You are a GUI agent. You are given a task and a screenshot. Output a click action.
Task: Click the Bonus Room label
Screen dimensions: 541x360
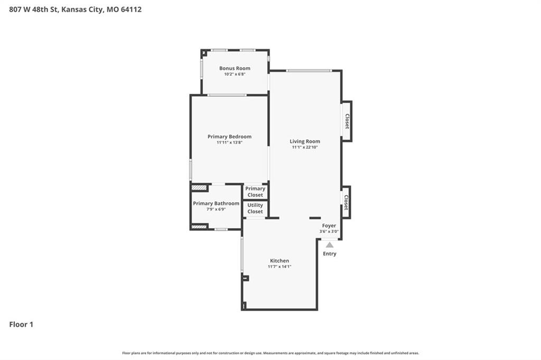tap(235, 68)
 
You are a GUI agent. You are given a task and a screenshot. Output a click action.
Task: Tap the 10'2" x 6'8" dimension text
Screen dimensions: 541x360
tap(235, 74)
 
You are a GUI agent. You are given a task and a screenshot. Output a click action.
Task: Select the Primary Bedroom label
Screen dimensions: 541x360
tap(229, 137)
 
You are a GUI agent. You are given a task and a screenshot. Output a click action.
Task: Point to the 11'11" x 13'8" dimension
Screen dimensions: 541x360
tap(229, 143)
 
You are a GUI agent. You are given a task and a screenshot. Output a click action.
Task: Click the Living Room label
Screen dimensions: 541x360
tap(305, 141)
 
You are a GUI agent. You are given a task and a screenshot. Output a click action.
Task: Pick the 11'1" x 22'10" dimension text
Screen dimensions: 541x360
tap(305, 147)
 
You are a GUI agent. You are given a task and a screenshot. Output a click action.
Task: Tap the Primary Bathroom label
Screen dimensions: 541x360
tap(216, 203)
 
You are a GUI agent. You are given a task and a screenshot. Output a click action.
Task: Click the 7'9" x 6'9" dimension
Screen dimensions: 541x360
tap(216, 210)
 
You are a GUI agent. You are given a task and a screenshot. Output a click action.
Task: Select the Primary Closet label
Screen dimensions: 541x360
tap(255, 192)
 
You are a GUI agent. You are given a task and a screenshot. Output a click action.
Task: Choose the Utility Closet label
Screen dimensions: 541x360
tap(255, 209)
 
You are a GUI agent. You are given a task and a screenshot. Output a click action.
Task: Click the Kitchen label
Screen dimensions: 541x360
tap(279, 261)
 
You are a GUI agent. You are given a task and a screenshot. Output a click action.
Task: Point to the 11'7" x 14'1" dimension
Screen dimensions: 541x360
tap(279, 267)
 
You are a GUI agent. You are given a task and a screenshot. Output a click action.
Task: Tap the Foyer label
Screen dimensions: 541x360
tap(329, 225)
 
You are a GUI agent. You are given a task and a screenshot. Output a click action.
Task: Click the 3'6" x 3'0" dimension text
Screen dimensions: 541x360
tap(329, 231)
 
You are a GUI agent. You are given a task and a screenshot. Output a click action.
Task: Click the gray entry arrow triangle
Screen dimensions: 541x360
tap(330, 245)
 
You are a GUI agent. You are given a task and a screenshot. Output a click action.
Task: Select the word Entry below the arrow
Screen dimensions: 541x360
tap(330, 253)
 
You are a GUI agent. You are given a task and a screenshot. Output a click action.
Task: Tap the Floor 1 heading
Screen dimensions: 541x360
tap(21, 325)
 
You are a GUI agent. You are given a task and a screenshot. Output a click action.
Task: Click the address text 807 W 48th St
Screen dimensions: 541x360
tap(34, 10)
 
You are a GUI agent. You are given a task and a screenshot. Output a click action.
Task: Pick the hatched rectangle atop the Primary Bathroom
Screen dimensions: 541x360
tap(199, 188)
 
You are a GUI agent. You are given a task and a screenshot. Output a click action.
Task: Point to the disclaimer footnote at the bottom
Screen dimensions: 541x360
tap(270, 353)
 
